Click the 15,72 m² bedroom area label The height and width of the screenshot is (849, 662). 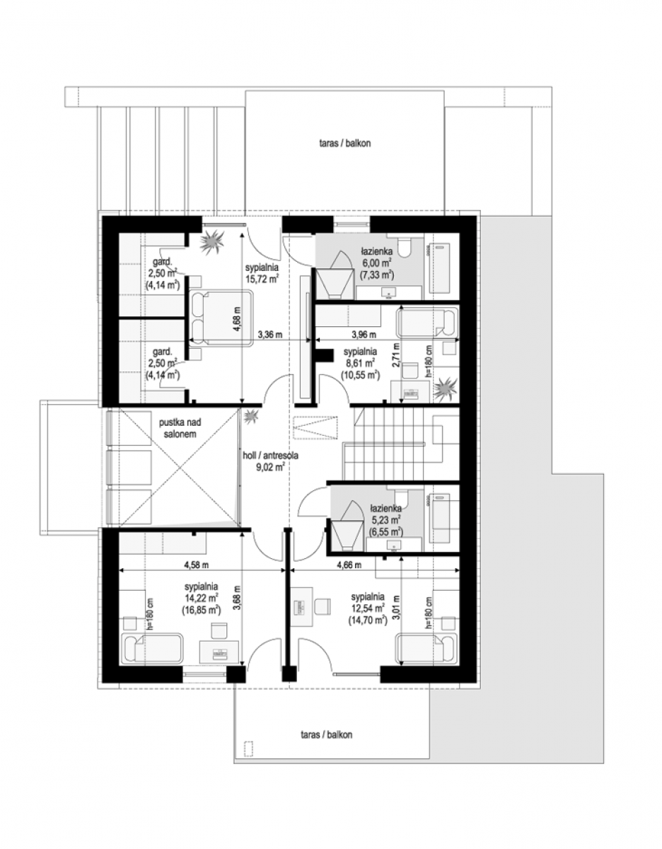click(262, 273)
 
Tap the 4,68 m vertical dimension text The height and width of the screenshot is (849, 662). click(238, 319)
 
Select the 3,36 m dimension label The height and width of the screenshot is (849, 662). click(270, 335)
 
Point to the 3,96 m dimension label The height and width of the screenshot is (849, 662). click(364, 335)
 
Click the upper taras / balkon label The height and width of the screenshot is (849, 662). click(345, 144)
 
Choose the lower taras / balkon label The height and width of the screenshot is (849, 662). click(327, 734)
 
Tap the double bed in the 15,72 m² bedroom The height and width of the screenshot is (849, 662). click(221, 317)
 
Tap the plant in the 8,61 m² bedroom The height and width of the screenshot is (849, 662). click(446, 388)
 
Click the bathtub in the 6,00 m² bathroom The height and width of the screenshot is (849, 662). click(440, 268)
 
